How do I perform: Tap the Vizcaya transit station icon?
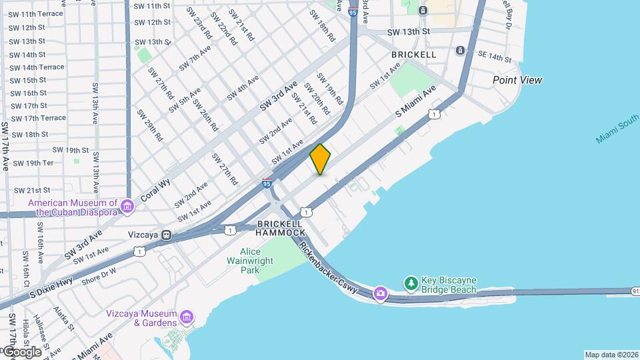(167, 235)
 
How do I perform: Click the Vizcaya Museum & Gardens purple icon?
(187, 316)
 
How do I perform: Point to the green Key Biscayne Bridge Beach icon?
(412, 285)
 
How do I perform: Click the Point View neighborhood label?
(517, 80)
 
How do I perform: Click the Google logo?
(22, 351)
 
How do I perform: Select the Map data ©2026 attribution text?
(611, 355)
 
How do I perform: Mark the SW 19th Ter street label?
(33, 163)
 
